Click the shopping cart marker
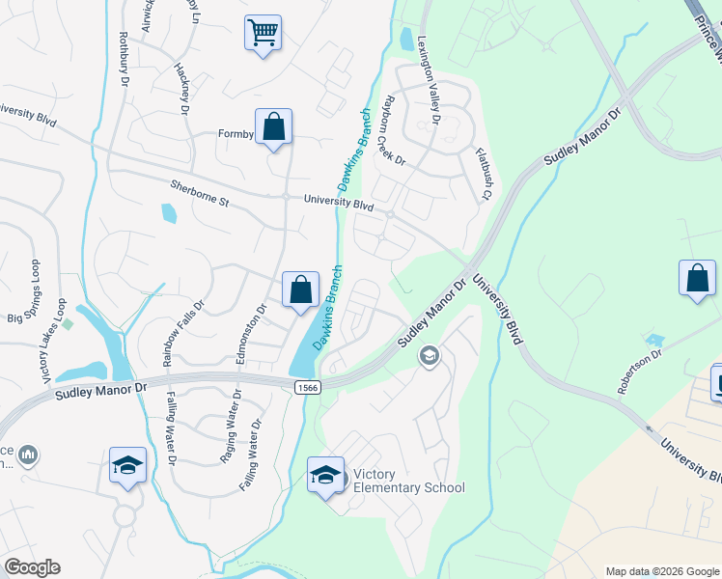pos(264,33)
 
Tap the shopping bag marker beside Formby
pos(274,126)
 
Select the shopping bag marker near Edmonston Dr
pos(300,289)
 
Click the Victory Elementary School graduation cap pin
pos(325,475)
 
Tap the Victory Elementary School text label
pos(408,481)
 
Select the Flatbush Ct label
pos(484,174)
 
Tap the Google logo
pos(32,567)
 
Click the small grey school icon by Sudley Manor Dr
pos(429,357)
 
